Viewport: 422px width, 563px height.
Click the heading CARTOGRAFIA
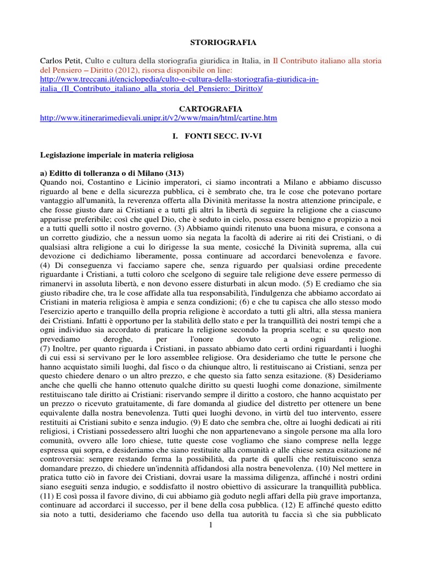(x=211, y=109)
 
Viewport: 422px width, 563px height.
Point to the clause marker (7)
(x=46, y=350)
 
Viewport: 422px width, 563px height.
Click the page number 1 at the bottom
(x=210, y=526)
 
